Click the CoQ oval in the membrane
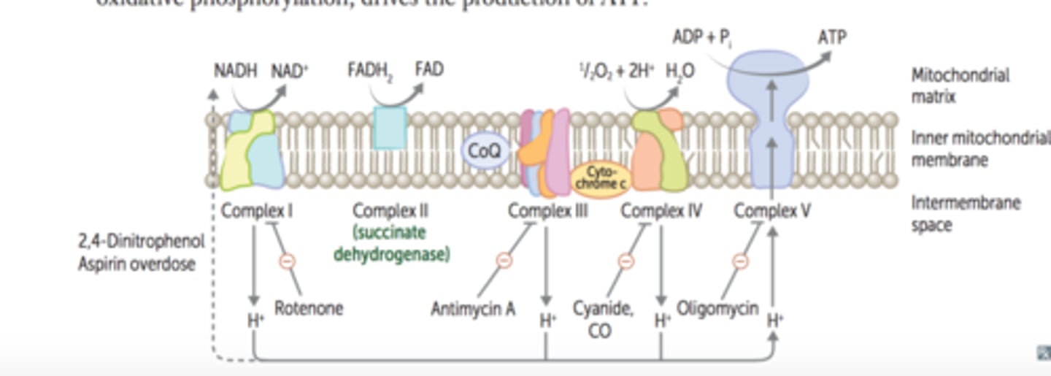(x=485, y=152)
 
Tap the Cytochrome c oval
(x=600, y=179)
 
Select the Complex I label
(x=257, y=211)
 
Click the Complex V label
(x=772, y=211)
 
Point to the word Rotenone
(x=309, y=308)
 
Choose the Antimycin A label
(x=473, y=309)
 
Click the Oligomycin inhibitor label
(x=717, y=308)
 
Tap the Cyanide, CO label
(x=602, y=319)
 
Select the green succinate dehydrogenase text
(x=391, y=244)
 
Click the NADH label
(x=236, y=71)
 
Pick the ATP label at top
(x=831, y=37)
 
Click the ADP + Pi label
(x=701, y=37)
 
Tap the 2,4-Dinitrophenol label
(x=141, y=241)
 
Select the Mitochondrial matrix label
(x=960, y=85)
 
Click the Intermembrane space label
(x=965, y=213)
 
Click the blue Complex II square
(x=390, y=128)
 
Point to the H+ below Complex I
(x=254, y=319)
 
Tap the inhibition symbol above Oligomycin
(x=739, y=261)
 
